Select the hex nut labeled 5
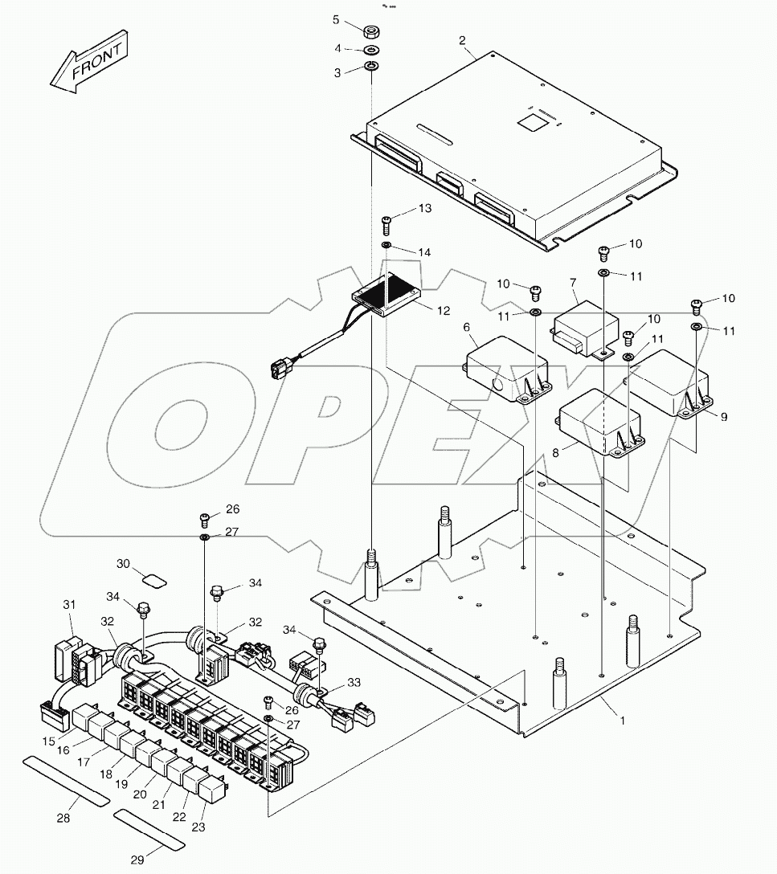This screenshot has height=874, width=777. [x=372, y=31]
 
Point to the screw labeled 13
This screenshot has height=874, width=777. [x=386, y=220]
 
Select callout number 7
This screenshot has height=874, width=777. [x=573, y=283]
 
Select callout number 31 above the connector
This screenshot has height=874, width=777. [x=69, y=604]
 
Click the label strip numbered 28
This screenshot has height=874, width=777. [x=63, y=779]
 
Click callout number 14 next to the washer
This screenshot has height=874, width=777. [x=424, y=252]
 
